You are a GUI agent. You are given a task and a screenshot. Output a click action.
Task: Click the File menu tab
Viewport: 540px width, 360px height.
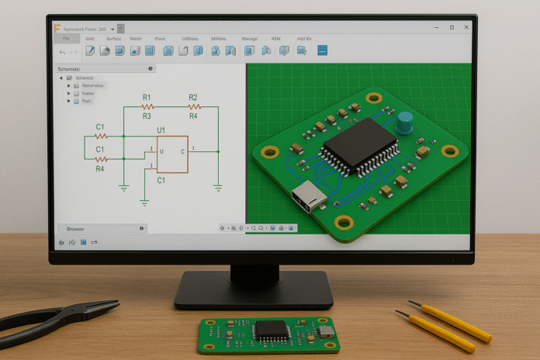click(66, 38)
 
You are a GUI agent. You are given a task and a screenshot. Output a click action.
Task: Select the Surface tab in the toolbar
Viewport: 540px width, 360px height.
click(113, 38)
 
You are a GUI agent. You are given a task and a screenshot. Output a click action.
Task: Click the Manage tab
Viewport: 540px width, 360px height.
click(249, 38)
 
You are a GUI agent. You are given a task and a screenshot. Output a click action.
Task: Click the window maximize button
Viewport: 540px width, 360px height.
click(452, 27)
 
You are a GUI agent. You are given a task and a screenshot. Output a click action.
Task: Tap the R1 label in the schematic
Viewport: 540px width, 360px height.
click(147, 98)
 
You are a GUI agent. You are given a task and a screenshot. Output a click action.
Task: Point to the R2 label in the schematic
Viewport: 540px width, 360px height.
click(193, 98)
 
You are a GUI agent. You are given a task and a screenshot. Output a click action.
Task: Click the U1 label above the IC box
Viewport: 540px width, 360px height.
click(161, 130)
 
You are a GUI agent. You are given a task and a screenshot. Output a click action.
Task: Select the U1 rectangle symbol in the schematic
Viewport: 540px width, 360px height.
click(171, 153)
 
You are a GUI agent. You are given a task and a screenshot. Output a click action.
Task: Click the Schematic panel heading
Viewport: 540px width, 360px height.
click(74, 69)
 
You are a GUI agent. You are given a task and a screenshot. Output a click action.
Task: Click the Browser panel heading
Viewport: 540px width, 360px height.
click(76, 229)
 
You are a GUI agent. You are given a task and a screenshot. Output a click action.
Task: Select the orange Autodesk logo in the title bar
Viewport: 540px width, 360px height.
click(57, 27)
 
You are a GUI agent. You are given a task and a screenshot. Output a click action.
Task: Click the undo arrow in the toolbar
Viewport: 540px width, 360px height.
click(62, 51)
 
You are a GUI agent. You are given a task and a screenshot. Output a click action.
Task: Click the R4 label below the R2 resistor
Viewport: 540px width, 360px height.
click(193, 116)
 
